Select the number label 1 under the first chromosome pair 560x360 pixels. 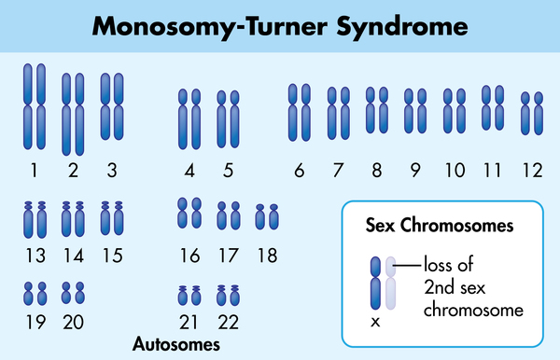pos(34,171)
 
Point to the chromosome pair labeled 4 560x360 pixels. pos(189,118)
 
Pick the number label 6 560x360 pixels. pos(300,171)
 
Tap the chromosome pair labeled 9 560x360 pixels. pos(413,109)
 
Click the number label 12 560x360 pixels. pos(532,171)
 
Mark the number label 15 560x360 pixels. pos(112,256)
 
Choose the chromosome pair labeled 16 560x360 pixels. pos(189,213)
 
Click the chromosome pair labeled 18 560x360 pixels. pos(266,217)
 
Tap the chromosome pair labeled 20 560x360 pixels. pos(73,294)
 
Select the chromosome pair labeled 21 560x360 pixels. pos(189,296)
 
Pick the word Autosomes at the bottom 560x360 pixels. pos(176,344)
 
